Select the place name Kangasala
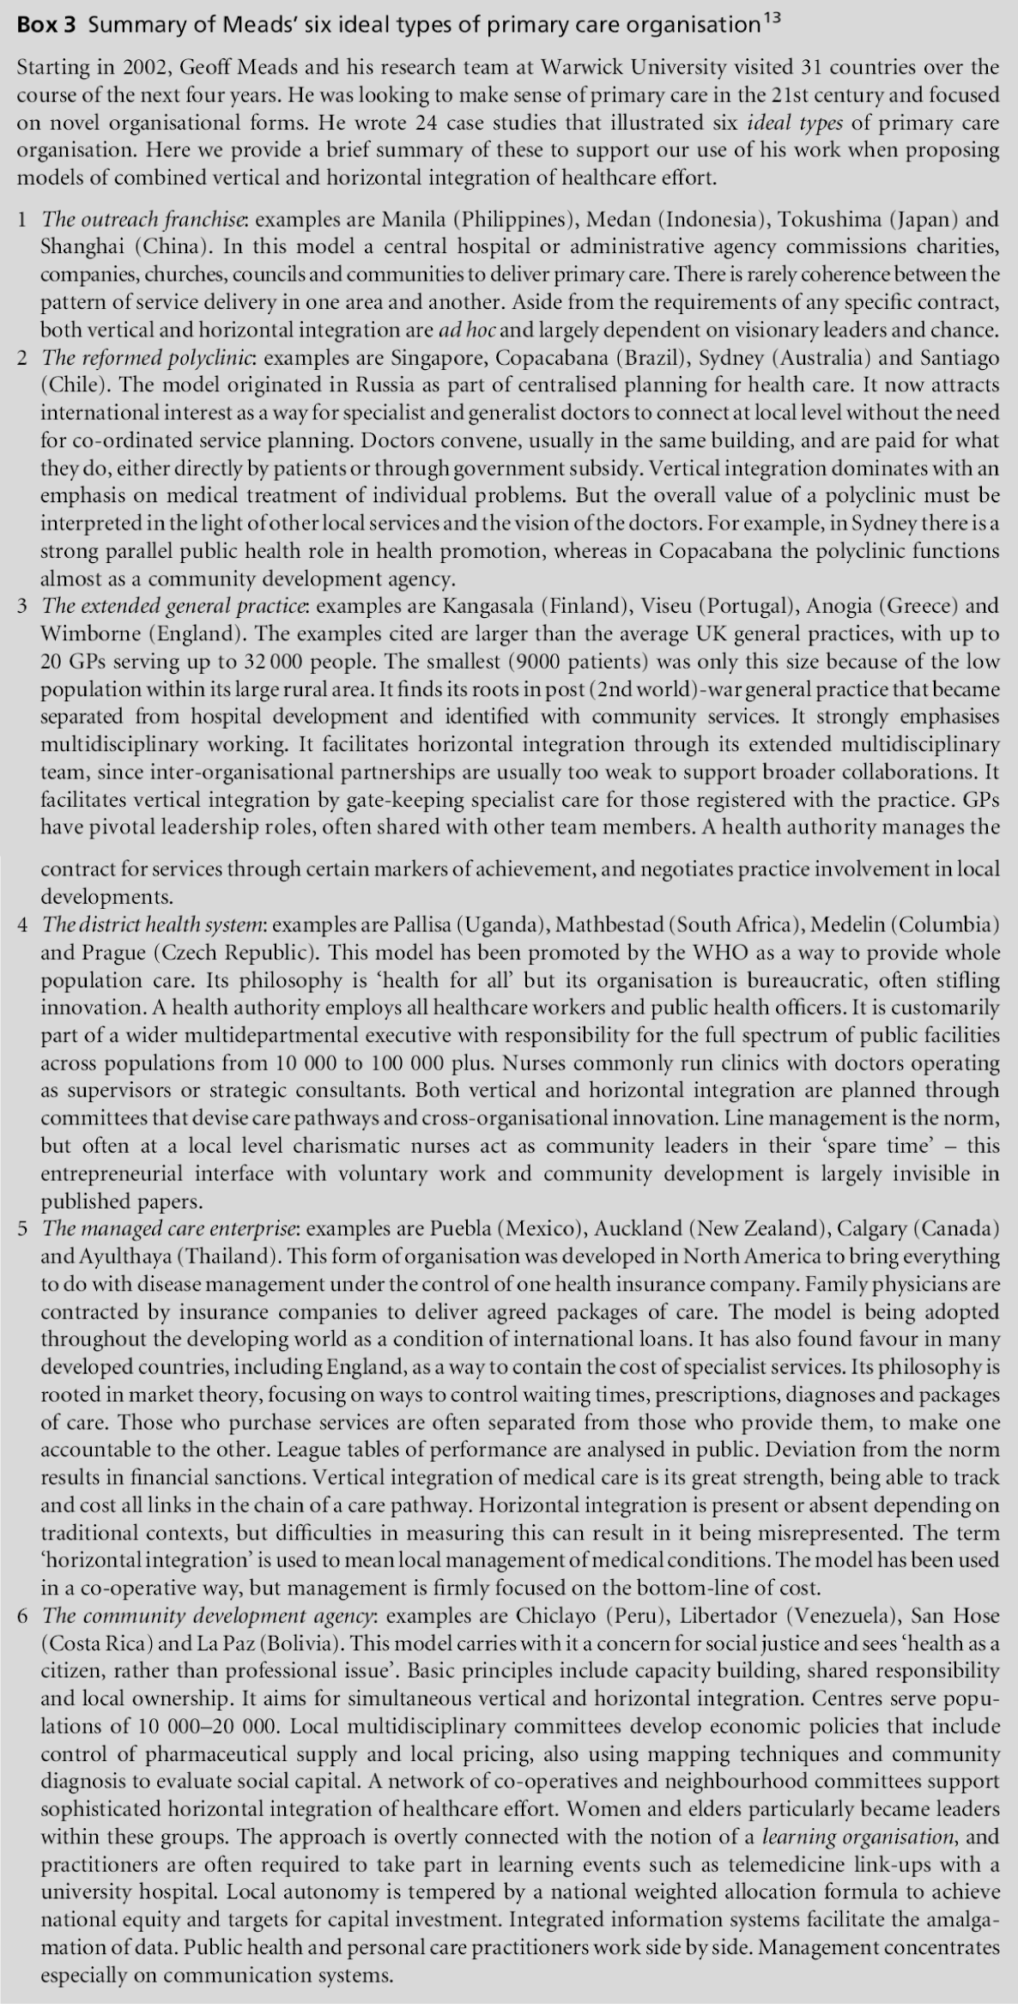tap(487, 606)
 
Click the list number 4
tap(22, 925)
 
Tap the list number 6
tap(22, 1616)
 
